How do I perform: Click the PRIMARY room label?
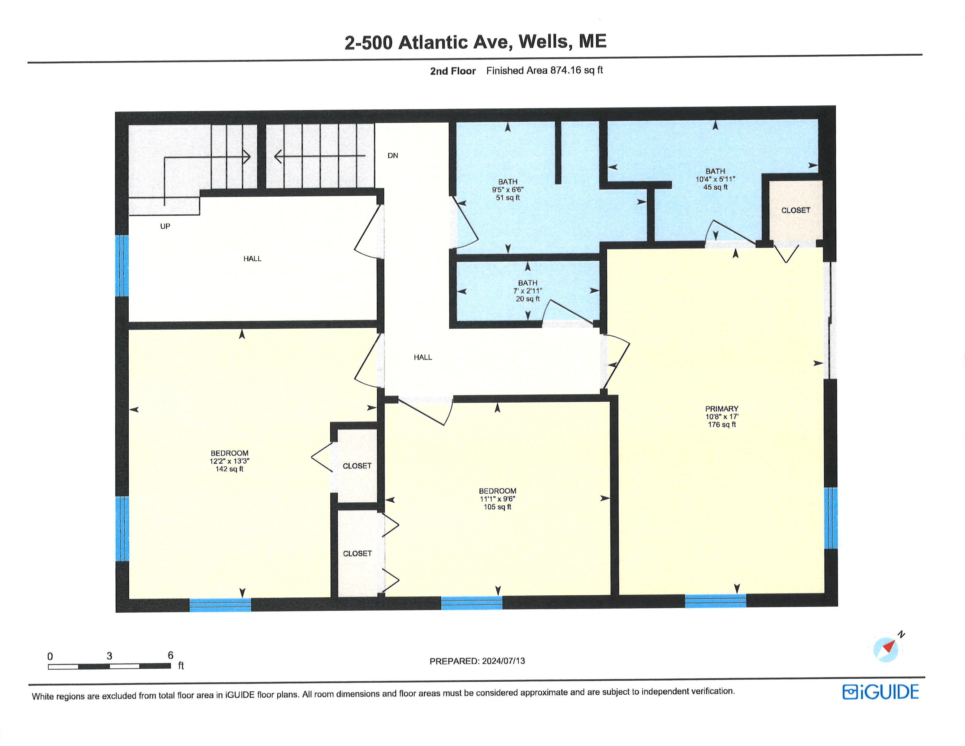coord(721,409)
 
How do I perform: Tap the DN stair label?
coord(393,155)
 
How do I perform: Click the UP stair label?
coord(165,226)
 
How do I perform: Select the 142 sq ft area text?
coord(229,469)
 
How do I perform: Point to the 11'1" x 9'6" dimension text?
coord(498,499)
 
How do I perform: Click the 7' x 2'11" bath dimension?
coord(528,291)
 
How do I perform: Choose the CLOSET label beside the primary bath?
coord(795,210)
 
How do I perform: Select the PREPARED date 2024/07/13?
coord(503,661)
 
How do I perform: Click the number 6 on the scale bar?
coord(170,655)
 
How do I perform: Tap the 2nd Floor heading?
coord(453,71)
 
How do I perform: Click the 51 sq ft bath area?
coord(508,198)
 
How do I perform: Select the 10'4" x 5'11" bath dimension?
coord(715,179)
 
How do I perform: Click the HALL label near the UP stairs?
coord(252,258)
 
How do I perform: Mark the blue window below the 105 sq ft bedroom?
coord(472,603)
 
